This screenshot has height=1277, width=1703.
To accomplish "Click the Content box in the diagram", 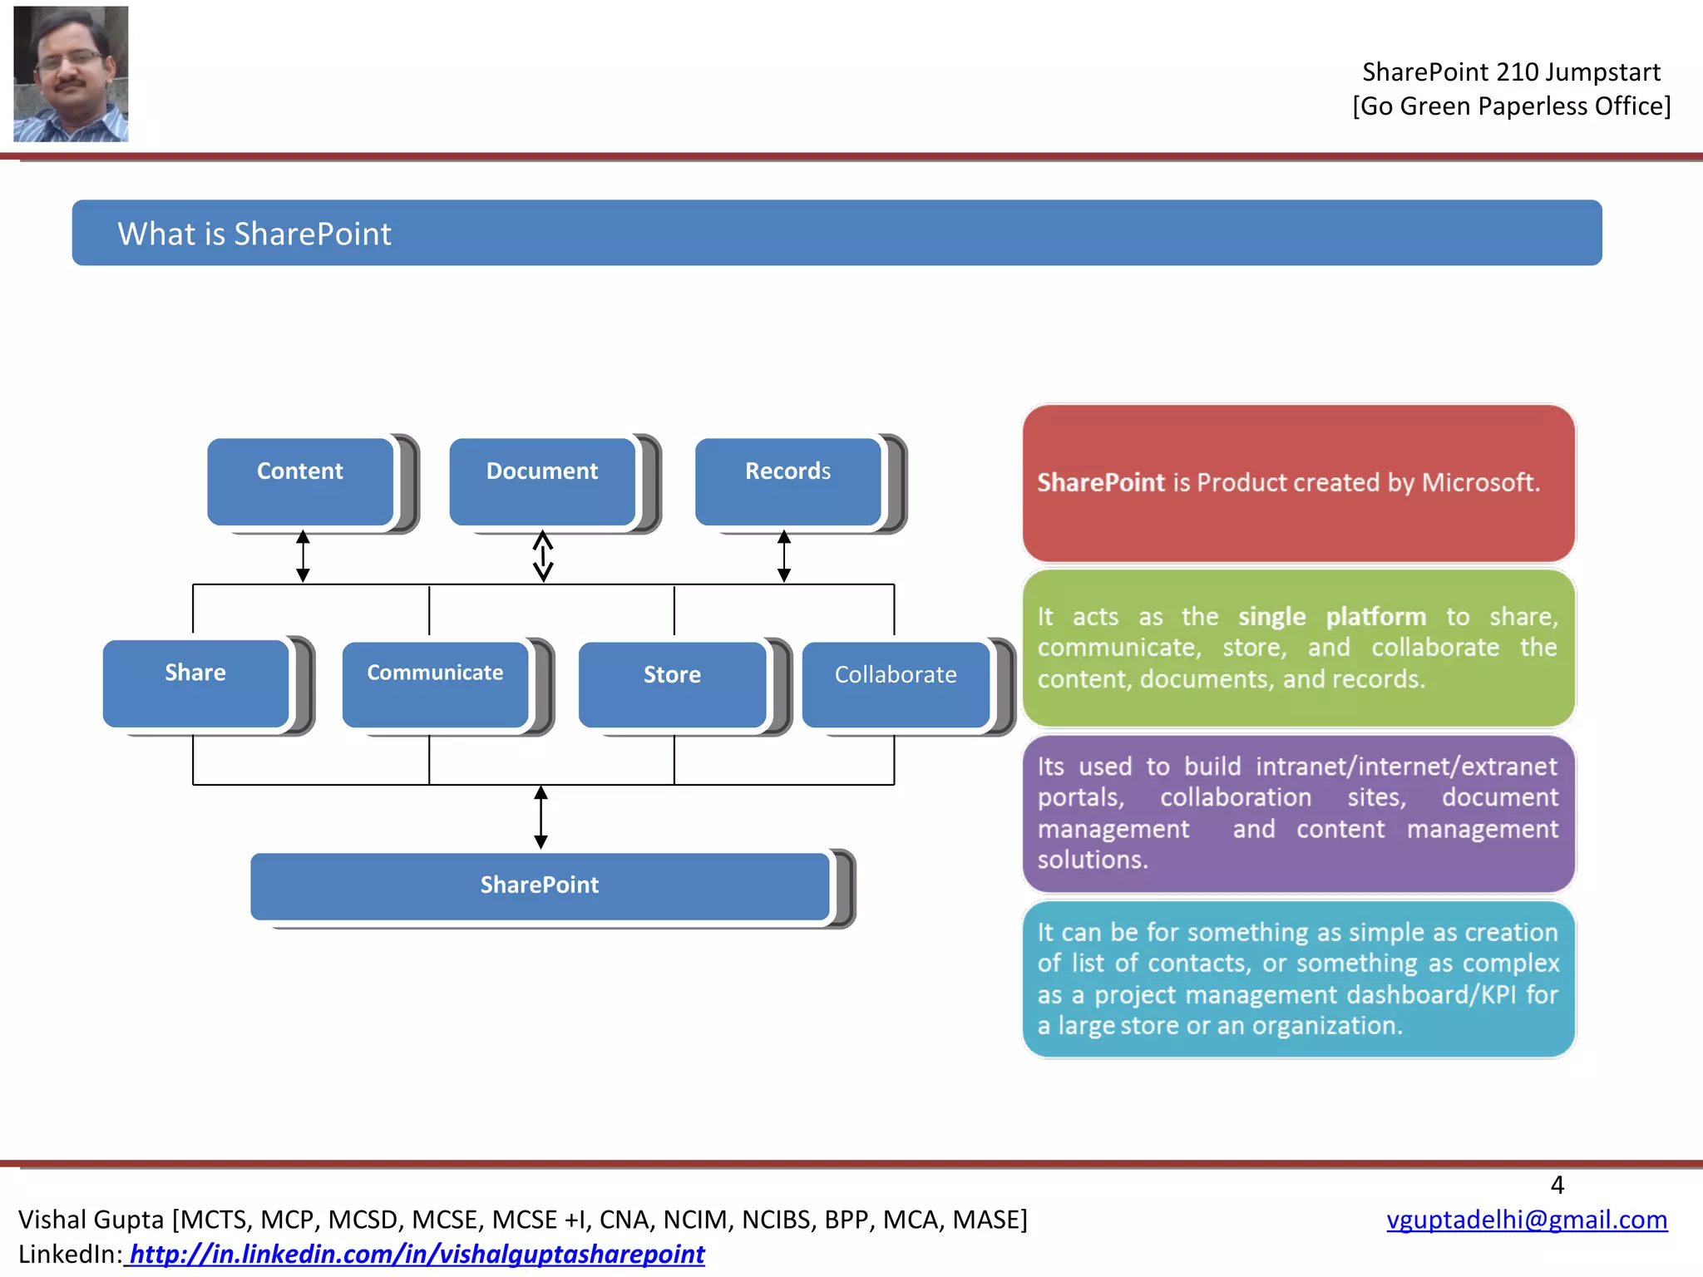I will [x=300, y=481].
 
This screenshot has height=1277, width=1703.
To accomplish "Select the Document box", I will [x=542, y=481].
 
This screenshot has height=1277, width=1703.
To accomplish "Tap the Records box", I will [x=787, y=481].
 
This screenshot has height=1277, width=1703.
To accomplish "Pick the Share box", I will [x=195, y=683].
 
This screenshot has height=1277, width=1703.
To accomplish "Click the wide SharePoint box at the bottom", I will [x=540, y=885].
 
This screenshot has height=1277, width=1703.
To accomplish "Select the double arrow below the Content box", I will [x=303, y=556].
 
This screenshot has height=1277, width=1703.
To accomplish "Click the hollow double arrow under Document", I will [x=543, y=556].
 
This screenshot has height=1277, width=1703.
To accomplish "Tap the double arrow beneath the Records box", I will [x=783, y=556].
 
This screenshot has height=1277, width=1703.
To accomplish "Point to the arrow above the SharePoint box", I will [x=541, y=817].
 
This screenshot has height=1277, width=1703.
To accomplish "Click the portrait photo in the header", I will [x=71, y=74].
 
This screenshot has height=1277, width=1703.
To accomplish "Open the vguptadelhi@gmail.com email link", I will [x=1527, y=1219].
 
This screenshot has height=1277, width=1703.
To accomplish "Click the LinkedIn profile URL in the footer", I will [x=417, y=1254].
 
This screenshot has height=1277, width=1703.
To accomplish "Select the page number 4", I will [x=1557, y=1185].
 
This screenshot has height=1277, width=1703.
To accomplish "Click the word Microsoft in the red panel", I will [x=1480, y=482].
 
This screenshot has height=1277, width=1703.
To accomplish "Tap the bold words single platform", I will [x=1331, y=617].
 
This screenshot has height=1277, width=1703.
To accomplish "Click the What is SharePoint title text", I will [x=254, y=234].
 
